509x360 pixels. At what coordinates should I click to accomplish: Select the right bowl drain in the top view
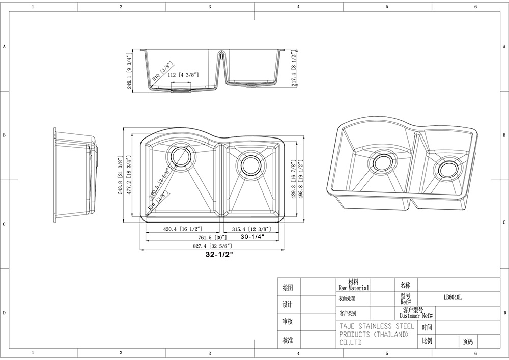click(x=250, y=164)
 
